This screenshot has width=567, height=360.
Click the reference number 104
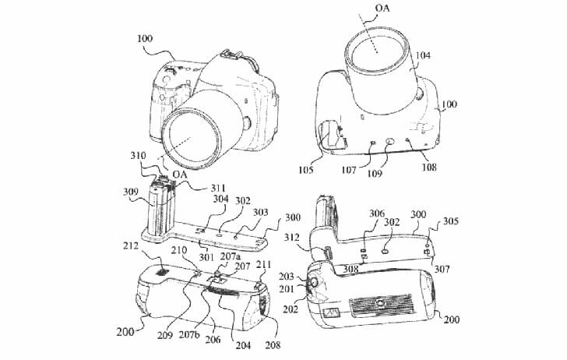coord(423,55)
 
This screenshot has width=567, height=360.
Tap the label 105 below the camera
coord(305,170)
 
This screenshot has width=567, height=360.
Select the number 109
coord(375,173)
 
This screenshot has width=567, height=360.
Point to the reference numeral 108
coord(429,168)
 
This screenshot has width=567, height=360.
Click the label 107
coord(349,170)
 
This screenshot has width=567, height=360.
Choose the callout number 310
coord(138,156)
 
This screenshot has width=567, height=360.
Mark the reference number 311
coord(218,188)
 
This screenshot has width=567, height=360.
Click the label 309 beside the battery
coord(131,192)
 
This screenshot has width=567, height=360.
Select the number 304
coord(220,199)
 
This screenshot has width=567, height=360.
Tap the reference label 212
coord(131,246)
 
